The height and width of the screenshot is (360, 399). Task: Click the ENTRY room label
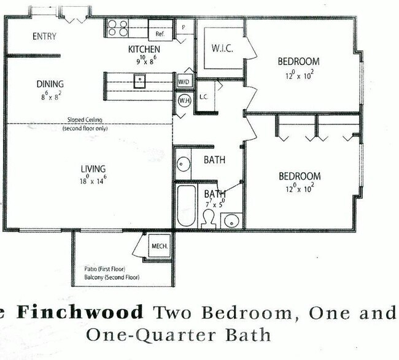coord(44,36)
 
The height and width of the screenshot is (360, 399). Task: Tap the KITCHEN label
coord(144,49)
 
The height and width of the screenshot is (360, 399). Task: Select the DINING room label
coord(50,84)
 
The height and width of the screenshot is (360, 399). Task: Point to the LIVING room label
coord(93,169)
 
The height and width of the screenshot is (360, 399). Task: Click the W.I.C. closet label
coord(222,48)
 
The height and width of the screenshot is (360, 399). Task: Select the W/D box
coord(184,82)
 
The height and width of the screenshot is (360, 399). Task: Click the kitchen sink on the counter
coord(140,79)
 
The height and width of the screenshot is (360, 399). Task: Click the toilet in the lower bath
coord(207,218)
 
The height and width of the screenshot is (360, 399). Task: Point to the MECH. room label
coord(159,246)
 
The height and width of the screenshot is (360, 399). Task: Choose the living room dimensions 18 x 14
coord(93,180)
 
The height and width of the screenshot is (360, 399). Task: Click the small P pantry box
coord(184,28)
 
